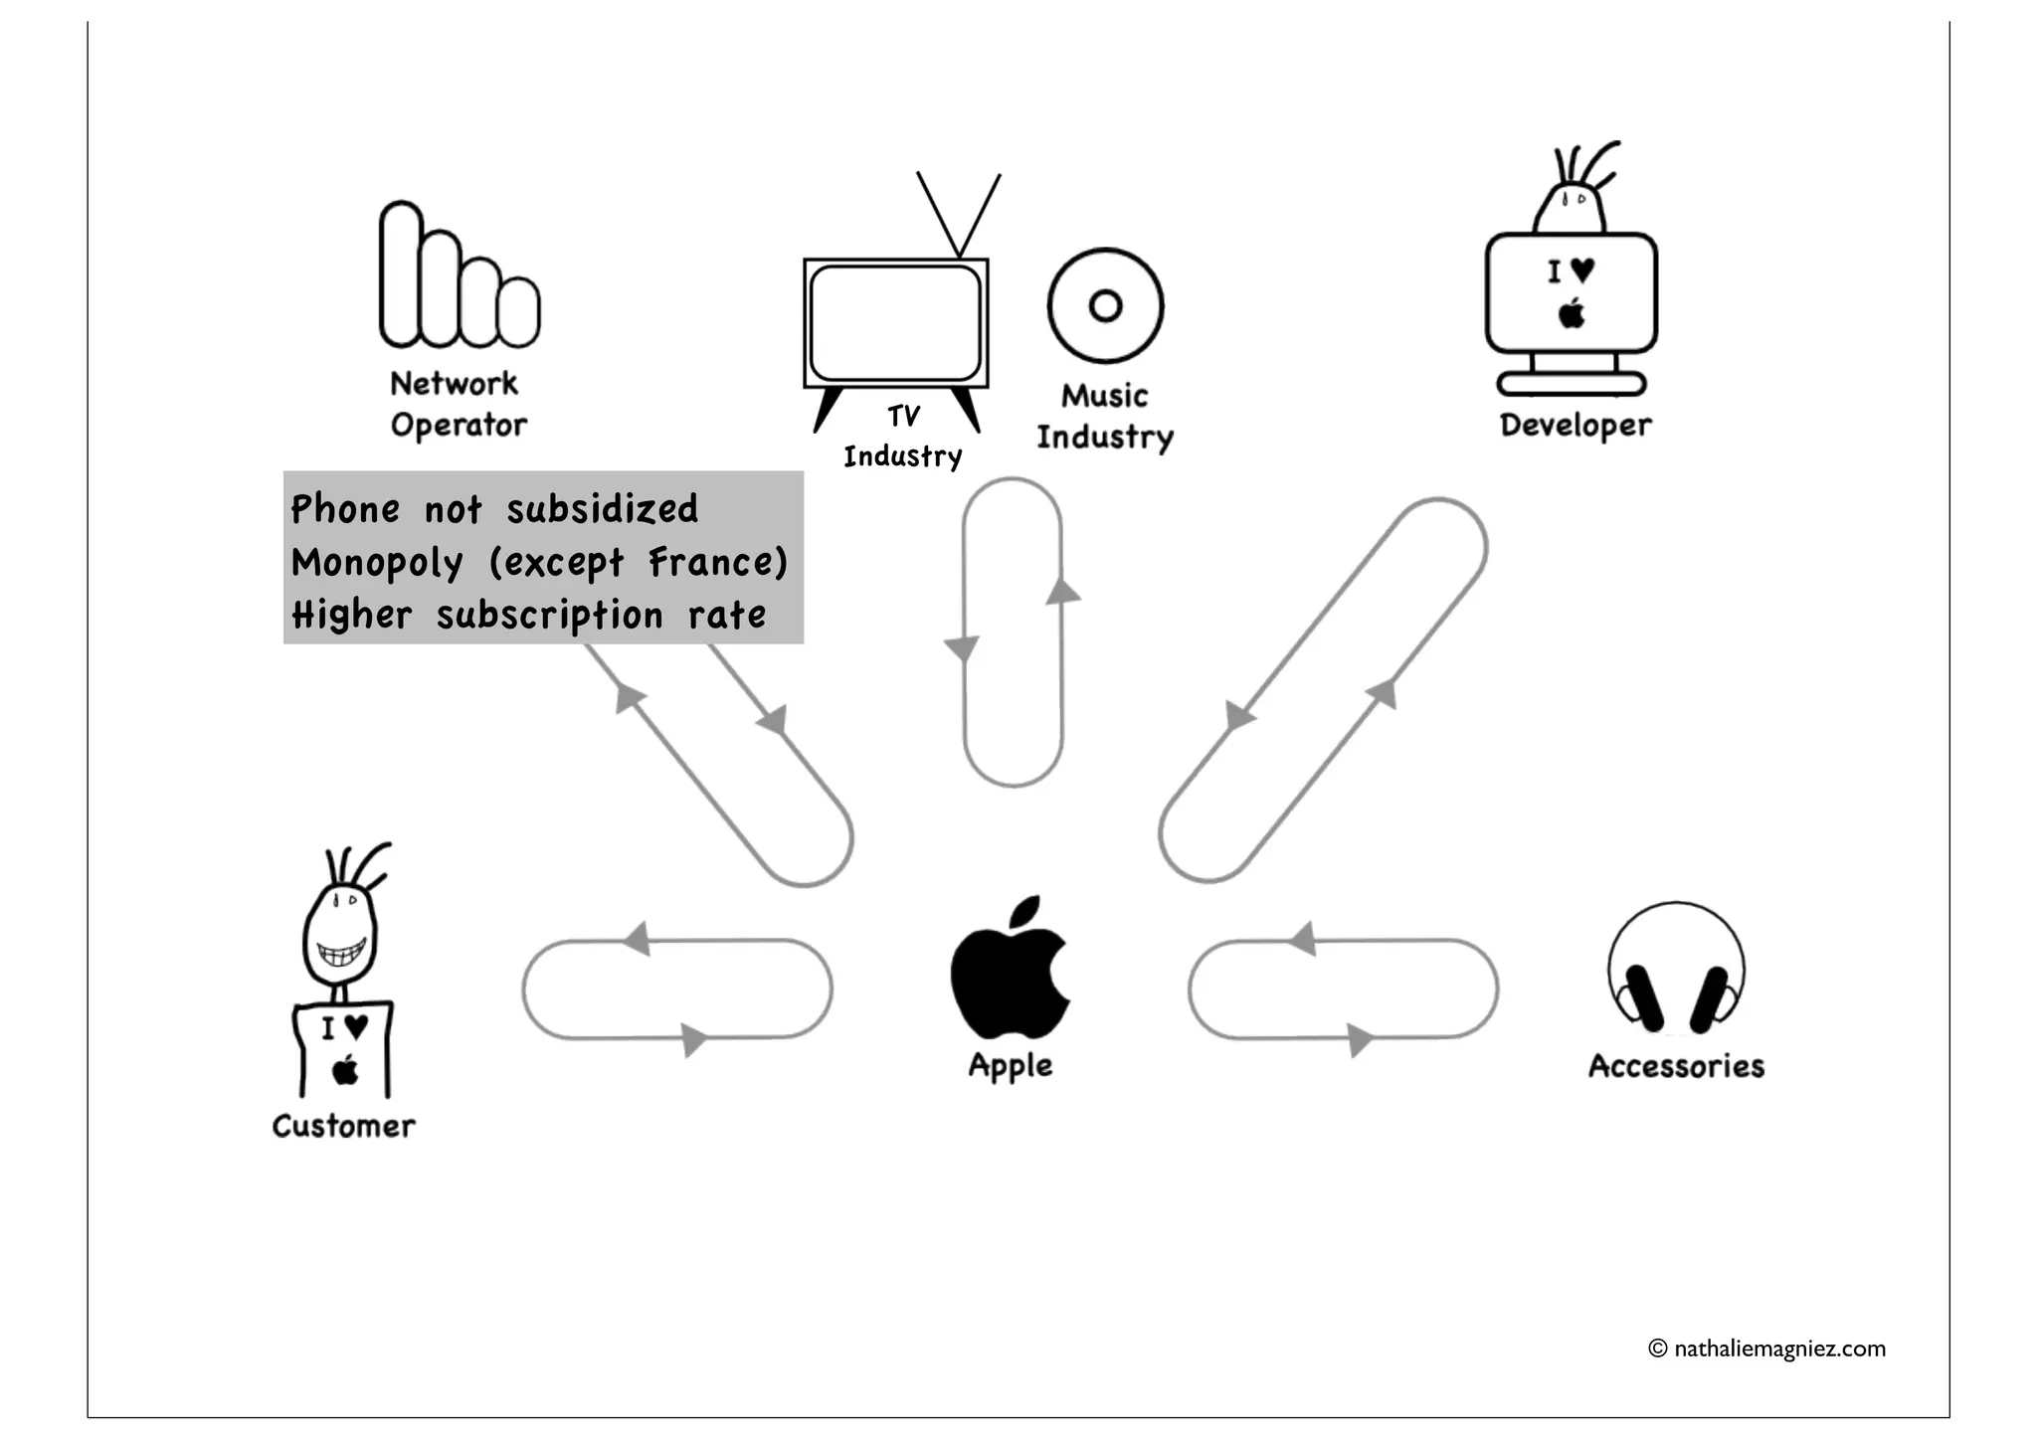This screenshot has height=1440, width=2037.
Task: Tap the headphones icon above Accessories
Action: point(1676,970)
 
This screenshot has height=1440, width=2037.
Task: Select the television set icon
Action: point(895,323)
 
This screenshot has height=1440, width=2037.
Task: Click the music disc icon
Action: point(1105,305)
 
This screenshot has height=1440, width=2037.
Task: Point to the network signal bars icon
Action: point(458,278)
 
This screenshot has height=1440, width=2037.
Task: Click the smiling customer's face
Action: point(340,935)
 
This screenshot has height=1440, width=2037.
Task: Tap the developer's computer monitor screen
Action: point(1571,293)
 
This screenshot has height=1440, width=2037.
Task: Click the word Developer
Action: point(1575,426)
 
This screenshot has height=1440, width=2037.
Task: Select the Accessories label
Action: point(1676,1066)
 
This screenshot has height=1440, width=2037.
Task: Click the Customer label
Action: point(344,1126)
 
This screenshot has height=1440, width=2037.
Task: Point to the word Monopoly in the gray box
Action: point(377,563)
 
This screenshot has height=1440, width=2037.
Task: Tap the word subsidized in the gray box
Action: point(603,509)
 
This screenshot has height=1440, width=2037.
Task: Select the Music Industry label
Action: point(1105,417)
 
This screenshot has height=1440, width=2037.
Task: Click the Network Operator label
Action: point(458,405)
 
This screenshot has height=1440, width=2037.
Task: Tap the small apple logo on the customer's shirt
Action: point(345,1071)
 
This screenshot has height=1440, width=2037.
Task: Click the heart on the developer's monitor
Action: point(1582,270)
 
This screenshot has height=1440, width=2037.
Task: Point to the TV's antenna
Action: point(958,214)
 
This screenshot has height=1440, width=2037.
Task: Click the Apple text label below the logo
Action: point(1011,1066)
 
